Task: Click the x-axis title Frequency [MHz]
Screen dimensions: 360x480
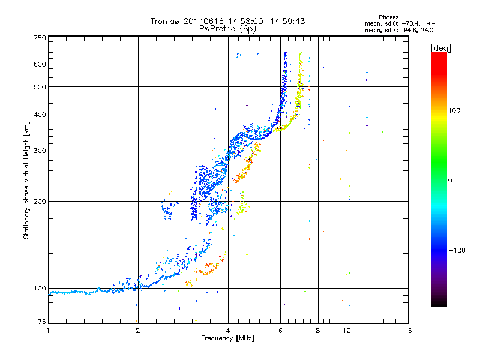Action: (x=227, y=338)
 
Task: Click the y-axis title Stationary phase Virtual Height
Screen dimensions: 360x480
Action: (x=26, y=180)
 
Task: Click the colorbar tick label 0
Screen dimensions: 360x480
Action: (x=452, y=180)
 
